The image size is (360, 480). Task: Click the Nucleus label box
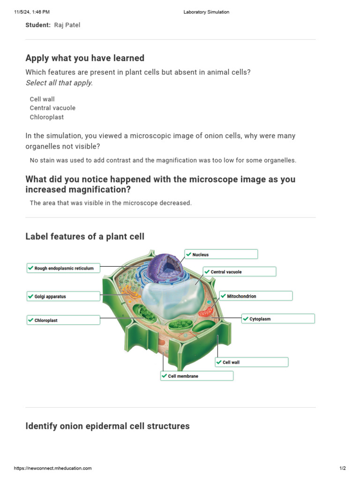coord(221,255)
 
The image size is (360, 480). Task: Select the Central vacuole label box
coord(240,272)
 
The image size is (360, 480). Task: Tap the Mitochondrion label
coord(256,296)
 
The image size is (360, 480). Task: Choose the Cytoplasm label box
coord(278,319)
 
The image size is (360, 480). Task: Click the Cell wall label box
coord(251,362)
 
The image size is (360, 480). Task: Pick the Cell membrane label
coord(196,376)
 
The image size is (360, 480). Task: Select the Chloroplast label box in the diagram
coord(63,321)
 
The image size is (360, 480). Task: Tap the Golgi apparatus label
coord(63,297)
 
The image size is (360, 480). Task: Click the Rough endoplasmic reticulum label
coord(63,269)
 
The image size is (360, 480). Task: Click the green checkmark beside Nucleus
coord(188,255)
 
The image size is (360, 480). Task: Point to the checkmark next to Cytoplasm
coord(246,319)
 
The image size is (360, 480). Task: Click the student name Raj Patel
coord(67,25)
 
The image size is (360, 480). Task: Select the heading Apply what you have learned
coord(85,58)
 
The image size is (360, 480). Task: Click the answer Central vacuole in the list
coord(52,108)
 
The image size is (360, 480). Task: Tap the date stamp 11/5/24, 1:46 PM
coord(32,12)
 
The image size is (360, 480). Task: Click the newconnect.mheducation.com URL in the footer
coord(53,468)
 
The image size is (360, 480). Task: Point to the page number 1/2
coord(342,468)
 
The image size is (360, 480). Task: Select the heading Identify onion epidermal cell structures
coord(107,426)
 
